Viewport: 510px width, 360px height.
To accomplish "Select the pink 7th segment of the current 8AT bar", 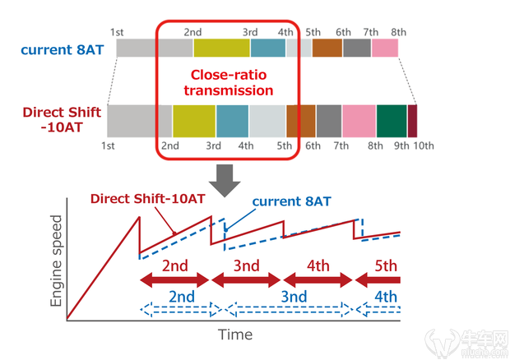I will point(385,48).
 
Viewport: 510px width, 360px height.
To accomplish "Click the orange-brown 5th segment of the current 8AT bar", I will point(327,48).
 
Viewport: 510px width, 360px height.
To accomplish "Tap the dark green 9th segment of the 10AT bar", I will point(392,120).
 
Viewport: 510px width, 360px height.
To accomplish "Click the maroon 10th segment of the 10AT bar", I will point(412,120).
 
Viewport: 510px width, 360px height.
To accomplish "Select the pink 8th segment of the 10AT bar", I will point(359,120).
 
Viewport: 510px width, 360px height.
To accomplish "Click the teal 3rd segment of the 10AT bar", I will point(232,120).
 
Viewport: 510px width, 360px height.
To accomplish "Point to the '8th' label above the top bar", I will point(399,31).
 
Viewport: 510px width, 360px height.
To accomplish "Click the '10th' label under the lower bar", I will point(424,146).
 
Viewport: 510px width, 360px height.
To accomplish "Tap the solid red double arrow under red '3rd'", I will point(246,280).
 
